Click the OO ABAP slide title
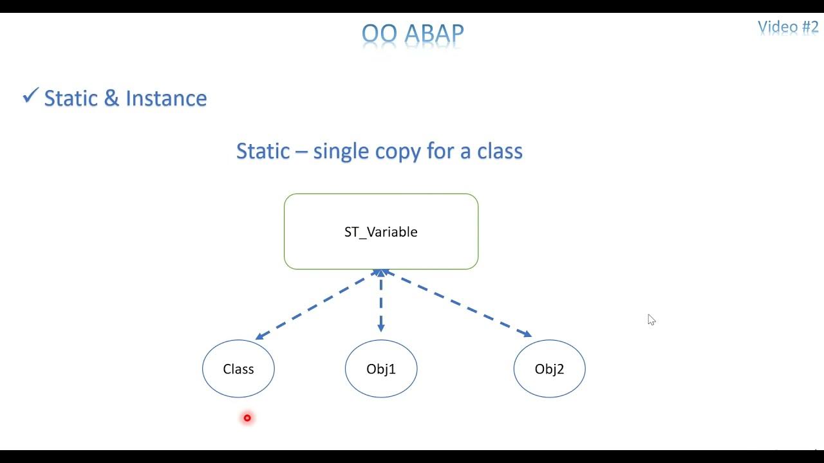tap(413, 33)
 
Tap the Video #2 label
tap(787, 27)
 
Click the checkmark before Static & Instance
tap(30, 96)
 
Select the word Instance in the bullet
tap(166, 98)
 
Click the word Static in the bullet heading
tap(71, 98)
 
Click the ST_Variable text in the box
tap(381, 232)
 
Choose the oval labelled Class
tap(238, 369)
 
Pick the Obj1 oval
tap(381, 369)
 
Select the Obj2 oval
tap(549, 369)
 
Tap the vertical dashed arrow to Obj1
tap(381, 302)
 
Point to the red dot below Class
tap(247, 418)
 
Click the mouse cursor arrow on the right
tap(651, 320)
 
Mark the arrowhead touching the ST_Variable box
tap(381, 273)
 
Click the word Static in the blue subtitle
tap(263, 151)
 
